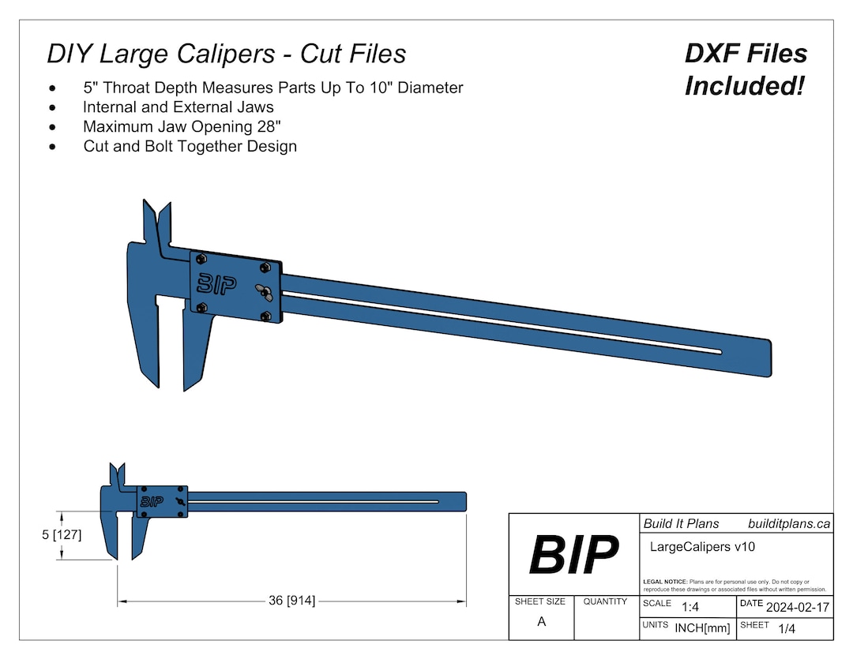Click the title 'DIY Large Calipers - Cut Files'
[226, 54]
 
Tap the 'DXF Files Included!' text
[746, 69]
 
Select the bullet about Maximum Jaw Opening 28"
[182, 126]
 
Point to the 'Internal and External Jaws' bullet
[178, 107]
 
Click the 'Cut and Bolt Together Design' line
[190, 146]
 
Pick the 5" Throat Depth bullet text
[272, 88]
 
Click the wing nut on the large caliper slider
[265, 291]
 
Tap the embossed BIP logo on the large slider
[216, 284]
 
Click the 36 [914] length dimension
[291, 601]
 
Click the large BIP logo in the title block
[573, 555]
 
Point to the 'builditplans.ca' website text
[788, 524]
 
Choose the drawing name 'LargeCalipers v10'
[693, 546]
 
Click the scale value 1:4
[690, 608]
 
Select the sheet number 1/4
[787, 629]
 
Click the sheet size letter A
[541, 621]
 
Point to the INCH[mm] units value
[702, 628]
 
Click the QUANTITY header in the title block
[605, 601]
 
